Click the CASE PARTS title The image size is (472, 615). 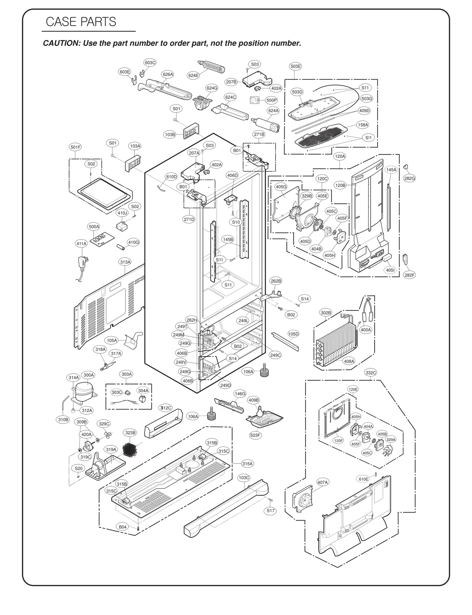click(x=81, y=22)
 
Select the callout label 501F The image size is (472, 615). click(x=75, y=147)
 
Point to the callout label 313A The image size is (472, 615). click(x=125, y=262)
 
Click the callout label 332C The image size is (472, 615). click(x=371, y=373)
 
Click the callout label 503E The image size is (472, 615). click(x=296, y=66)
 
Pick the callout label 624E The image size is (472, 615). click(x=193, y=75)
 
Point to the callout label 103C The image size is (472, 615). click(x=244, y=477)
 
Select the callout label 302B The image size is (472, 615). click(x=326, y=313)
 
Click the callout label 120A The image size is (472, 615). click(x=340, y=156)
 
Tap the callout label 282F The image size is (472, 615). click(x=409, y=275)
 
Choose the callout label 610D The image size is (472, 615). click(x=171, y=177)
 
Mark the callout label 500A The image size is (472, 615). click(x=94, y=227)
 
